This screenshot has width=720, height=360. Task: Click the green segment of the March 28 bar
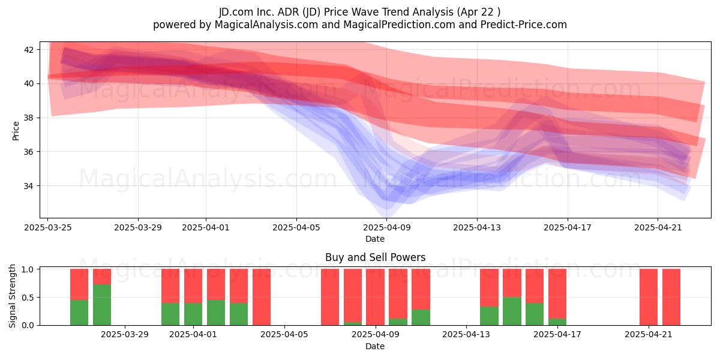tap(102, 305)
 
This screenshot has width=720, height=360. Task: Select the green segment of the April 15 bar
tap(512, 311)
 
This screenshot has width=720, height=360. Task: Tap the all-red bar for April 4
tap(262, 297)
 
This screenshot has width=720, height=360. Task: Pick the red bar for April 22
tap(671, 297)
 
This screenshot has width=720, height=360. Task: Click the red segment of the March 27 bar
tap(79, 284)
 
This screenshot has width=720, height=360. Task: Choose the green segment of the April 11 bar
tap(421, 317)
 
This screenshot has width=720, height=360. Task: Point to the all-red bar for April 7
tap(330, 297)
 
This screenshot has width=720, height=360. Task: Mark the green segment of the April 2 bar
tap(216, 313)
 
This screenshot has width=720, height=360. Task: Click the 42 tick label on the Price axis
tap(28, 50)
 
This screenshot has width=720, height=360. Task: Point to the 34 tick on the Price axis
tap(28, 186)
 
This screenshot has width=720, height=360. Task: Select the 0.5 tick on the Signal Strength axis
tap(28, 298)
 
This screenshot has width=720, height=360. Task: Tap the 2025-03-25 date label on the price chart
tap(48, 227)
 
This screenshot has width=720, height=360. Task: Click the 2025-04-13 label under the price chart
tap(477, 227)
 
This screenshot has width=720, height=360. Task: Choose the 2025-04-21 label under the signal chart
tap(649, 334)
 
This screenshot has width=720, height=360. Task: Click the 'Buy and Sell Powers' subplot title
tap(375, 257)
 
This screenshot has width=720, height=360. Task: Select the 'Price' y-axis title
tap(16, 131)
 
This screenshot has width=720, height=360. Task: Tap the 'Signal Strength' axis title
tap(12, 296)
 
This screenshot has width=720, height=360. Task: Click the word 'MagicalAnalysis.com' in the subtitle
tap(266, 25)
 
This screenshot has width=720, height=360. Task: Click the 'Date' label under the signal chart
tap(375, 346)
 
